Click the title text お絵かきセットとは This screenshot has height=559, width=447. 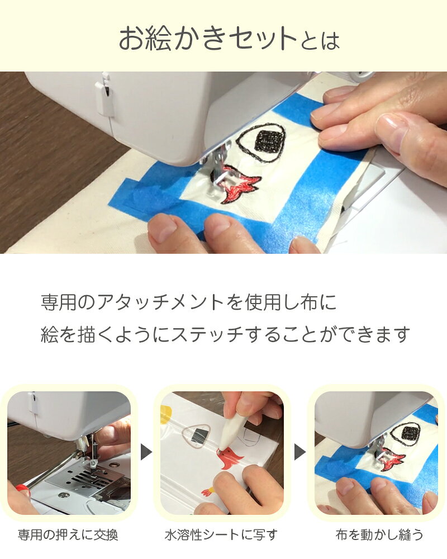click(229, 39)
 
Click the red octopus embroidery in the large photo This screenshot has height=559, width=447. click(239, 183)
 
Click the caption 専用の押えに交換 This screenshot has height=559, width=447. click(68, 534)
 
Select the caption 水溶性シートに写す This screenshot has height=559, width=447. click(221, 534)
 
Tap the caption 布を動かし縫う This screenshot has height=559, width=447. click(379, 534)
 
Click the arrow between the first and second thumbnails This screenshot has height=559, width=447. click(146, 452)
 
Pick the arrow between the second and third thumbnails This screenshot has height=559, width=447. click(300, 452)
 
